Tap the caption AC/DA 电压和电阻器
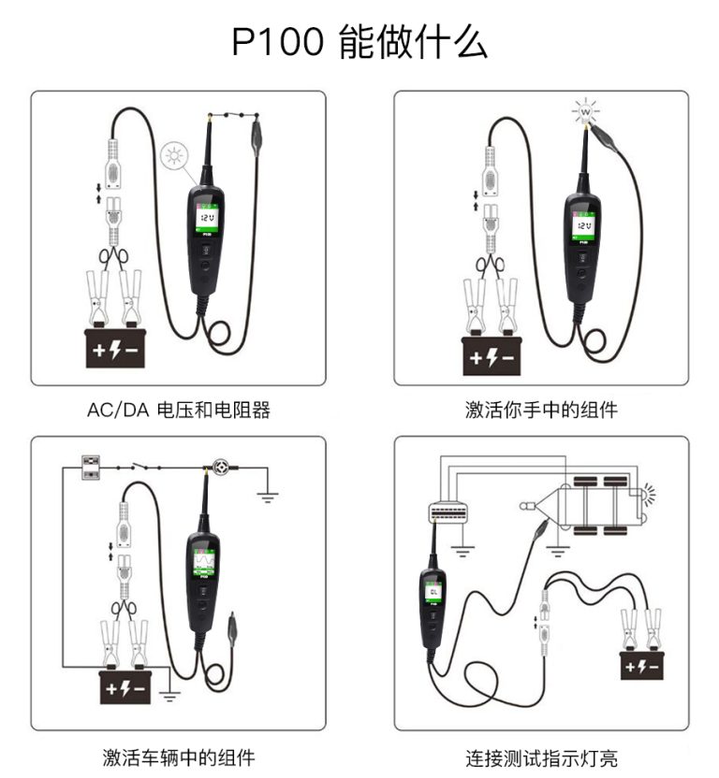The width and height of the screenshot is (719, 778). click(x=178, y=410)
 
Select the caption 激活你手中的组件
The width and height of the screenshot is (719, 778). click(x=541, y=410)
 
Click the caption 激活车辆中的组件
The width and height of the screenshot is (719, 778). click(x=178, y=756)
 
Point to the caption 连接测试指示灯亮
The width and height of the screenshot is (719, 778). click(x=541, y=756)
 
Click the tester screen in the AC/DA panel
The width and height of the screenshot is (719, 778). click(x=206, y=220)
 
